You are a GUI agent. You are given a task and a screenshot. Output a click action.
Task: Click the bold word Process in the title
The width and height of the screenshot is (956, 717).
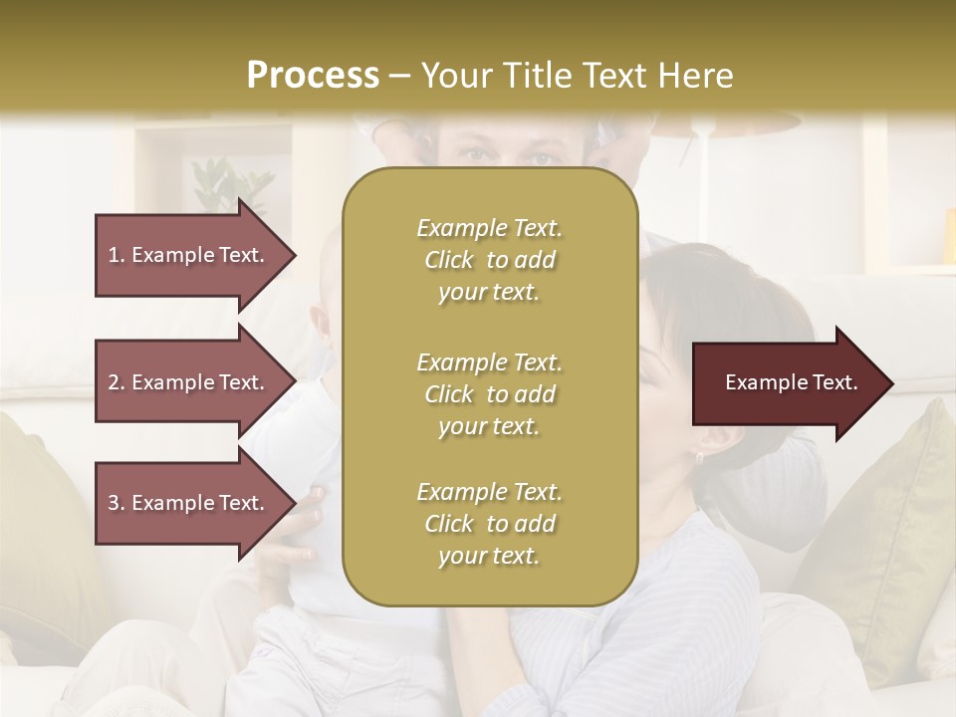(x=313, y=76)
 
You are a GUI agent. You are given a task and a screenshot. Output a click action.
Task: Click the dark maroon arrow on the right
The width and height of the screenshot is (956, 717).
(x=787, y=383)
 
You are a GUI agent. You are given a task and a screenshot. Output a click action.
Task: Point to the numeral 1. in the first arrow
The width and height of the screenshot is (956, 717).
(x=117, y=255)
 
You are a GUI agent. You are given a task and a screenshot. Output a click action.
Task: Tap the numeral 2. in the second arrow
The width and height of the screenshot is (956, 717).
(x=117, y=382)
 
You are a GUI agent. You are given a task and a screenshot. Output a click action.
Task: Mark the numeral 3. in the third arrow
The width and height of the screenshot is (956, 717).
(x=117, y=503)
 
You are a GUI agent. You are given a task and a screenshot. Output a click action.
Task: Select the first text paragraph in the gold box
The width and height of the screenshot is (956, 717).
(x=489, y=260)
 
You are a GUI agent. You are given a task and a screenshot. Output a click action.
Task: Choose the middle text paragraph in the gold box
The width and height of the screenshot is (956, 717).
(x=489, y=393)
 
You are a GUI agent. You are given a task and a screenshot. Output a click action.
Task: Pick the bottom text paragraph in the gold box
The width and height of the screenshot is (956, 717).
(x=489, y=524)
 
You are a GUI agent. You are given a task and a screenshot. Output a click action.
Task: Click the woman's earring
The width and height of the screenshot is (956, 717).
(x=699, y=457)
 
